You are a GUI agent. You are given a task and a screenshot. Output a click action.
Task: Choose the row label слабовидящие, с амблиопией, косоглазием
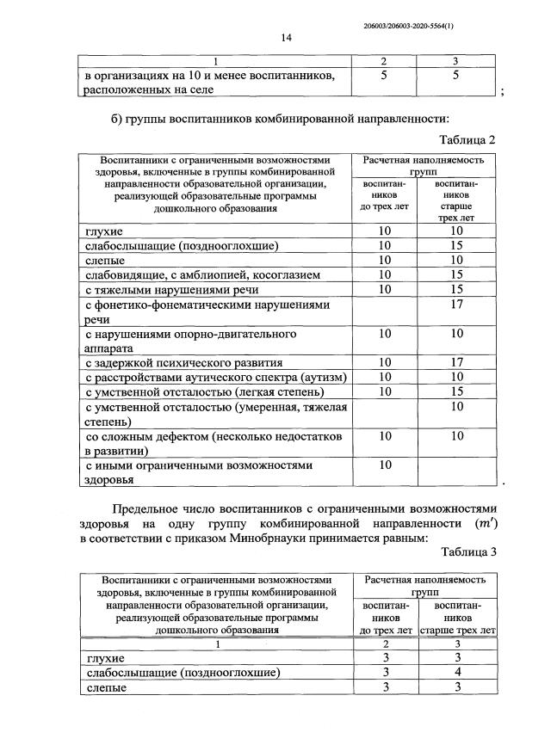[202, 274]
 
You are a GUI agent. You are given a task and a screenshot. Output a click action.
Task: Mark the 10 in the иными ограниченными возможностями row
[386, 465]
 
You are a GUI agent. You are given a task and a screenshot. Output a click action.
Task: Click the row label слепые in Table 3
[104, 687]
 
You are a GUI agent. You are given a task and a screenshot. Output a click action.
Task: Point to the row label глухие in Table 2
[104, 231]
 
